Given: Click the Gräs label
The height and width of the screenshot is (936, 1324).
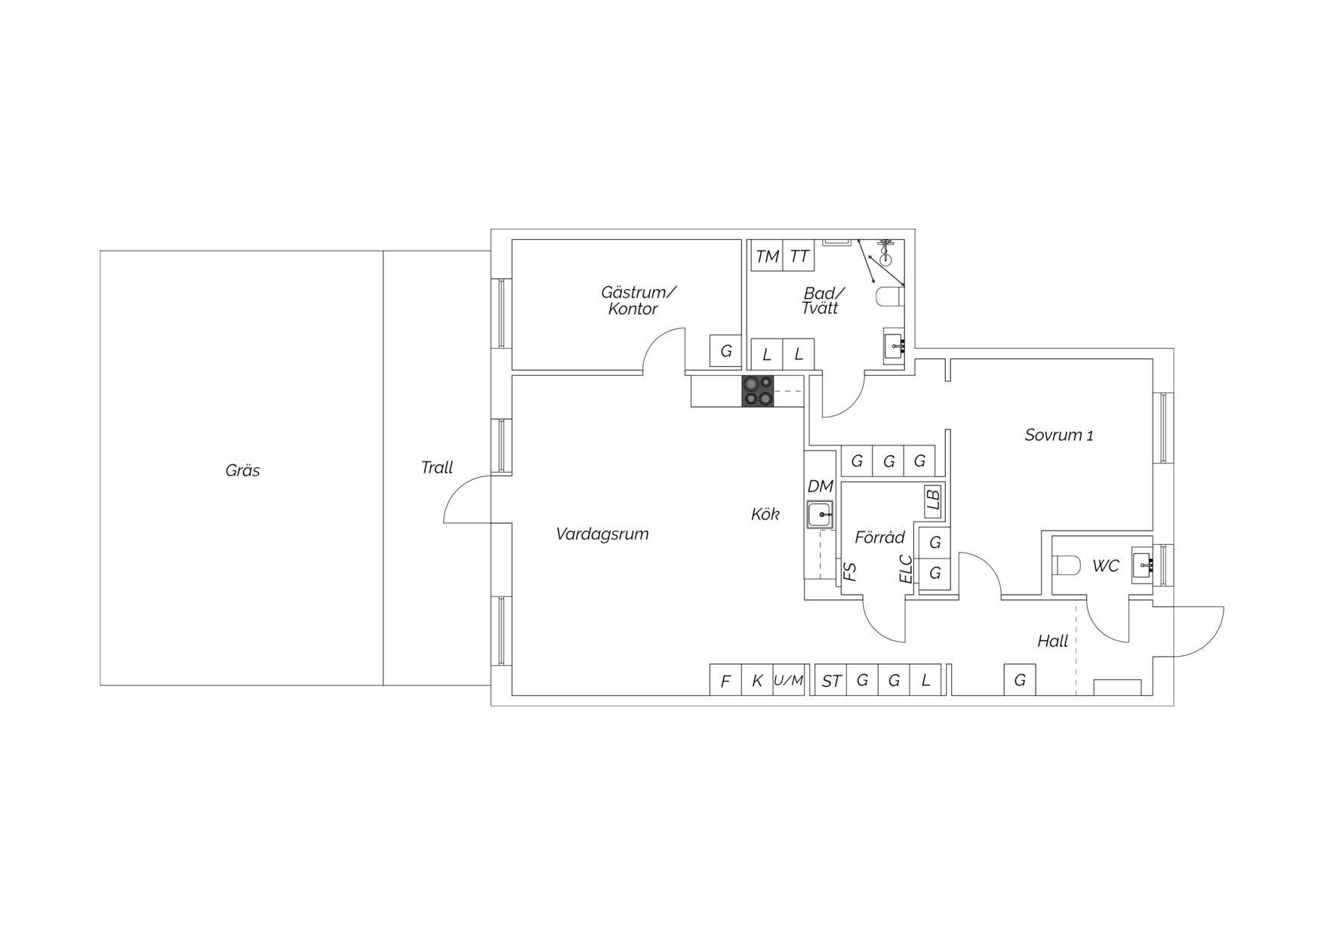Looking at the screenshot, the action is pos(242,470).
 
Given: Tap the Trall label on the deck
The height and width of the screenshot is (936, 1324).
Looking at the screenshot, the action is pos(437,467).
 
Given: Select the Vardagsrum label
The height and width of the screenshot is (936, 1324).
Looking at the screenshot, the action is pos(602,534).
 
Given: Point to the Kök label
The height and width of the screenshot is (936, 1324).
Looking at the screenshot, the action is pos(765,514).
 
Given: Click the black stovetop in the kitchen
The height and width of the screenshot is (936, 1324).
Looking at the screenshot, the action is pos(758,391).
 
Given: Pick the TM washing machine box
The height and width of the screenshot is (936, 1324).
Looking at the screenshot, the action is pos(767,256).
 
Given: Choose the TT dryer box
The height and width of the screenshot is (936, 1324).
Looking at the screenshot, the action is pos(799,256).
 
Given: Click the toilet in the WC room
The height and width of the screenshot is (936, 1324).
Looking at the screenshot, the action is pos(1066,565).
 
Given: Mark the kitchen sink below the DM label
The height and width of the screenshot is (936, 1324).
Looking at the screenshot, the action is pos(820,515).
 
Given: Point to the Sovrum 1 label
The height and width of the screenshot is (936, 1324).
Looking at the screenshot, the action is pos(1059,435).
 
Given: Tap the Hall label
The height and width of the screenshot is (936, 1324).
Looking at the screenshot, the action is pos(1052,641).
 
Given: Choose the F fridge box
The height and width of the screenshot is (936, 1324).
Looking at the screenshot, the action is pos(725,680).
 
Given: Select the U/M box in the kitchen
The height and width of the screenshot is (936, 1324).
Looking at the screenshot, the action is pos(789,680).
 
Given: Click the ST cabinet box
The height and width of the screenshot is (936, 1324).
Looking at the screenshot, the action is pos(831,680).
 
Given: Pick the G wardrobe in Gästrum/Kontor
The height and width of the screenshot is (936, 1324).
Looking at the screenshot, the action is pos(725,350).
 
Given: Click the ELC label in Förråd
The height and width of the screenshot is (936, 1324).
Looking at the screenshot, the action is pos(907,569).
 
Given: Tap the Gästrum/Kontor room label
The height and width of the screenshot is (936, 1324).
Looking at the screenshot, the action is pos(639,300).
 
